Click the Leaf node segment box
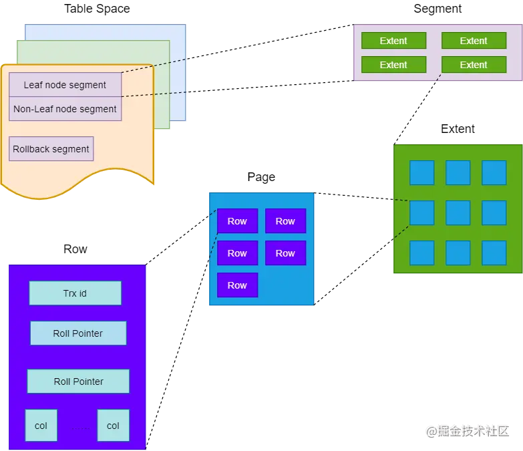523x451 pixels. pos(65,85)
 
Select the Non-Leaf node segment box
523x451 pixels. pos(65,109)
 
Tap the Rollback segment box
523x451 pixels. pos(51,149)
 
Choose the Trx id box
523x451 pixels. pos(75,293)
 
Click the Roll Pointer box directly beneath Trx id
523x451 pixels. pos(78,333)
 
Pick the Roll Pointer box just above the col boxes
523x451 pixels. pos(78,382)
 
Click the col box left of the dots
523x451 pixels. pos(41,426)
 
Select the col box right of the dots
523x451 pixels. pos(113,426)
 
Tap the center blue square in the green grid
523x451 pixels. pos(458,213)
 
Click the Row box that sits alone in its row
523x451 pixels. pos(237,285)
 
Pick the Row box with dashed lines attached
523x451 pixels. pos(237,221)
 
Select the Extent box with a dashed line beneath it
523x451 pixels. pos(474,65)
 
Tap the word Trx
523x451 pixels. pos(69,293)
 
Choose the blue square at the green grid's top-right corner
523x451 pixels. pos(494,173)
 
